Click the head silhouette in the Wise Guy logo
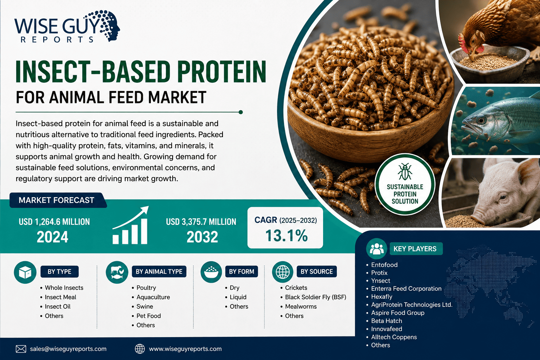[110, 25]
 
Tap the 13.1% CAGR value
[287, 236]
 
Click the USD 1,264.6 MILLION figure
[54, 222]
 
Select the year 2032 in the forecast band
[202, 237]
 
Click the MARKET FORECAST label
[56, 200]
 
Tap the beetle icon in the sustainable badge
[405, 172]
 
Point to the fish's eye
[481, 120]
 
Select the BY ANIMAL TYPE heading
[159, 271]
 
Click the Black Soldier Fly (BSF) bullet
[316, 297]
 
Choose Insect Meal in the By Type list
[60, 297]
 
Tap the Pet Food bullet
[148, 316]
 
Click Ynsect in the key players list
[380, 281]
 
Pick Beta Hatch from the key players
[386, 321]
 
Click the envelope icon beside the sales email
[21, 349]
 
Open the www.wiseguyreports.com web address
[185, 349]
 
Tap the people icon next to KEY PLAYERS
[377, 249]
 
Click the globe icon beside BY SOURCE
[283, 272]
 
